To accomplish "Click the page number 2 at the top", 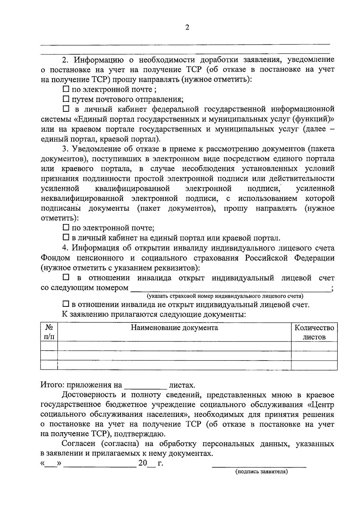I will [187, 28].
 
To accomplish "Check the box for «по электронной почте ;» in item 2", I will [66, 89].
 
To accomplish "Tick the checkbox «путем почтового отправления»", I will [66, 99].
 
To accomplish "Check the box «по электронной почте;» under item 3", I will [66, 228].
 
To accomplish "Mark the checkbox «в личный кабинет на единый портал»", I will [66, 238].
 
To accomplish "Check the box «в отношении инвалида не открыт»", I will [66, 304].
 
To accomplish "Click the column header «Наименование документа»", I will [174, 328].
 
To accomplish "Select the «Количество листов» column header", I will [314, 332].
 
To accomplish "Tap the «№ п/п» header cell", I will [49, 332].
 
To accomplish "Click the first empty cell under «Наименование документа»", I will [174, 346].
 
